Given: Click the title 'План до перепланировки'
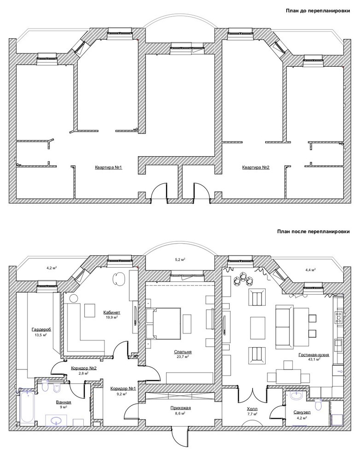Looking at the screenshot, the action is point(318,11).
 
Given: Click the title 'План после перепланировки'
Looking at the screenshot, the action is point(313,232).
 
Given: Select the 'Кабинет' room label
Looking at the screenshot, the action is point(111,312).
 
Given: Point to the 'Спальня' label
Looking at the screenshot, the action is point(183,352).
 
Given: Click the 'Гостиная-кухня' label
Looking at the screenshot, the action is point(314,355).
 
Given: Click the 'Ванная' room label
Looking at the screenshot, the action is point(64,402).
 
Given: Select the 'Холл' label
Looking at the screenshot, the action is point(251,409).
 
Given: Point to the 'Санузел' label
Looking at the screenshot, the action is point(302,412).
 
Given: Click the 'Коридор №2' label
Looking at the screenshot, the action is point(84,368).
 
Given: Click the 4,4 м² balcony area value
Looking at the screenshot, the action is point(311,269).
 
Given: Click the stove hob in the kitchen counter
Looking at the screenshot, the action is point(338,317).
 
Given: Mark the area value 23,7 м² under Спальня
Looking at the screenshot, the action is point(183,357).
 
